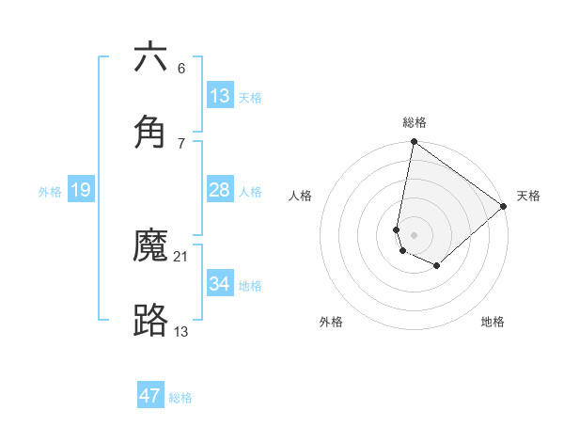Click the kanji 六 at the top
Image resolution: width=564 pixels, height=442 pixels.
(x=150, y=58)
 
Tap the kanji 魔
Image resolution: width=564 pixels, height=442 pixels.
(x=150, y=246)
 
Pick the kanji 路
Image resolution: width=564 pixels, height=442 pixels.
(x=150, y=320)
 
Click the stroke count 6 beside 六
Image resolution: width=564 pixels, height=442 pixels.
(x=181, y=69)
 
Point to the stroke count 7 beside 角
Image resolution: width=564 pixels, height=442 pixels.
(x=181, y=143)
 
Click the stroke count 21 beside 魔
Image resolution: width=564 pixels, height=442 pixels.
(x=181, y=257)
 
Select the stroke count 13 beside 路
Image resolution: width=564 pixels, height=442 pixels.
(x=181, y=330)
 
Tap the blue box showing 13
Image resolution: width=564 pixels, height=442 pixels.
(x=219, y=96)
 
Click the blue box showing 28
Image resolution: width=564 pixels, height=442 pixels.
(x=219, y=190)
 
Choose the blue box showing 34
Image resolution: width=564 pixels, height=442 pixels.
(x=219, y=283)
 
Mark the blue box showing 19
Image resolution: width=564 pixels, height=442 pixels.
(x=80, y=190)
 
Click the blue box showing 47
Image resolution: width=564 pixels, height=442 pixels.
(x=150, y=396)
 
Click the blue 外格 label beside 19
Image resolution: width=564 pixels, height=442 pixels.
(x=50, y=192)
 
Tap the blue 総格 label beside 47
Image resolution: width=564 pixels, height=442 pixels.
(x=180, y=398)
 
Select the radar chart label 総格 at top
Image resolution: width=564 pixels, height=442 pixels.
(x=415, y=122)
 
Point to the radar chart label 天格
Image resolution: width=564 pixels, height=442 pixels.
(x=528, y=196)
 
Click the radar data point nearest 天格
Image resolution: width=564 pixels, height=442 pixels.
(x=504, y=207)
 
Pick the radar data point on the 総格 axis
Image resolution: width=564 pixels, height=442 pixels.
(x=414, y=143)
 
